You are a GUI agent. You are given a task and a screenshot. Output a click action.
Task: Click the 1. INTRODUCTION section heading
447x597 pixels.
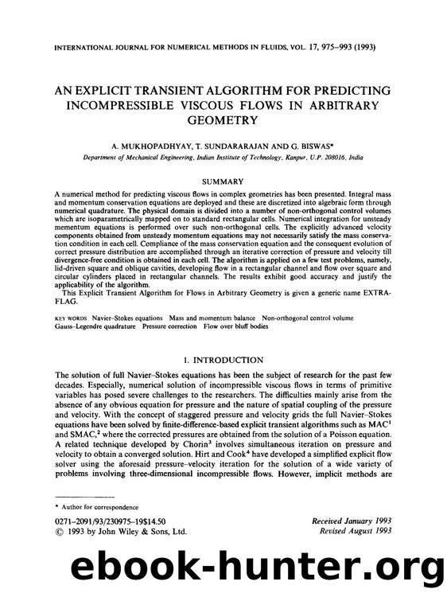point(223,361)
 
